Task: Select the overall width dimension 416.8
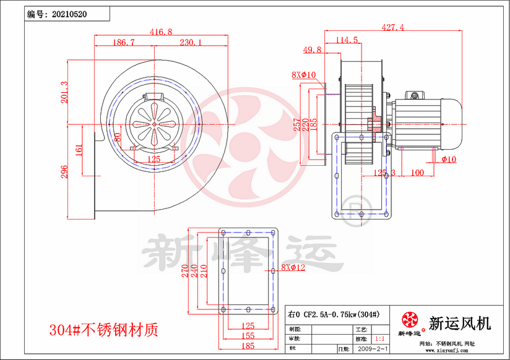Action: tap(161, 31)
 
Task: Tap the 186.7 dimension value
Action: tap(124, 43)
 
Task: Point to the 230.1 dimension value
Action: tap(191, 43)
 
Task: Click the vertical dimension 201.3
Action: tap(64, 92)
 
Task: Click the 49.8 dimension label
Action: tap(312, 49)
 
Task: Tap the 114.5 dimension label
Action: tap(347, 40)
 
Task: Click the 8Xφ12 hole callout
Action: tap(293, 268)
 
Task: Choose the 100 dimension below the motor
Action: tap(417, 173)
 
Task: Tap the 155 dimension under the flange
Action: tap(248, 336)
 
